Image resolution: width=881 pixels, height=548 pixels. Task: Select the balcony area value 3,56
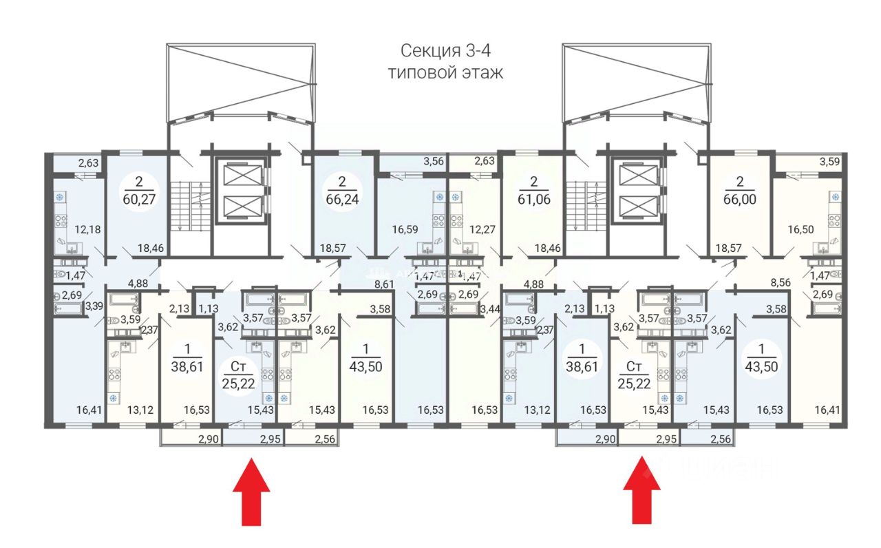414,162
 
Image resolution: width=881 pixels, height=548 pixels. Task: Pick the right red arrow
641,490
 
